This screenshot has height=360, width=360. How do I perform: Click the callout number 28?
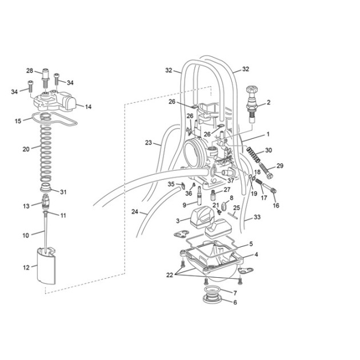click(x=30, y=70)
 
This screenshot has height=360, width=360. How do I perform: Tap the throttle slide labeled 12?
click(x=46, y=266)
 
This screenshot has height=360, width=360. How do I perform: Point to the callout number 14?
click(x=88, y=107)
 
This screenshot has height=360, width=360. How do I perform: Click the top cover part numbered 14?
click(x=55, y=101)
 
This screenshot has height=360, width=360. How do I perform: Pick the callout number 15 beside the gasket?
click(x=18, y=121)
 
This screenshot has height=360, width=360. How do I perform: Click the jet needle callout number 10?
click(x=26, y=235)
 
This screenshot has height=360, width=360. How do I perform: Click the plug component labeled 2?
click(x=252, y=105)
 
